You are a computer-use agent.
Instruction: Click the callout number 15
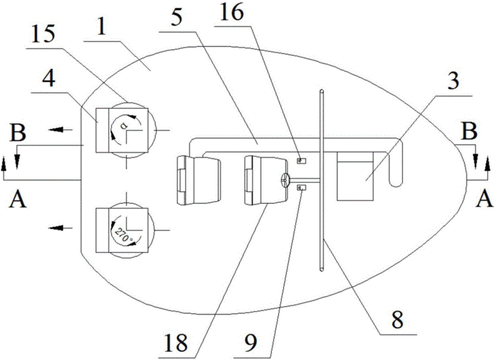(x=44, y=35)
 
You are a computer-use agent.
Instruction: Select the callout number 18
(x=176, y=342)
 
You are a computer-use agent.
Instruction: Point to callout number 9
(x=250, y=343)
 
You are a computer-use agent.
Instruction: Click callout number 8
(x=397, y=320)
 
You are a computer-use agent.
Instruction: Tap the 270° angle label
(x=125, y=235)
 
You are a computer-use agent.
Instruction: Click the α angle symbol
(x=124, y=125)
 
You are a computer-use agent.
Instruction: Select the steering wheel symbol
(x=285, y=180)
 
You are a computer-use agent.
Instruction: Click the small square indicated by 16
(x=301, y=161)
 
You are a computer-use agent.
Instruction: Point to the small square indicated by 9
(x=301, y=188)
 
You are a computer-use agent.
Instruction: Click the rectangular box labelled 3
(x=355, y=176)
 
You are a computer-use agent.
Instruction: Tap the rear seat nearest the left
(x=198, y=180)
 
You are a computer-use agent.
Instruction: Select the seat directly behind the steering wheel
(x=266, y=180)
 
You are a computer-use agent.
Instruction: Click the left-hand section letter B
(x=18, y=132)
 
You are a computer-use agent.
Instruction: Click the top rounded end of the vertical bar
(x=321, y=91)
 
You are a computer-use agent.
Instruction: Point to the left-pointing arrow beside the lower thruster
(x=61, y=228)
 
